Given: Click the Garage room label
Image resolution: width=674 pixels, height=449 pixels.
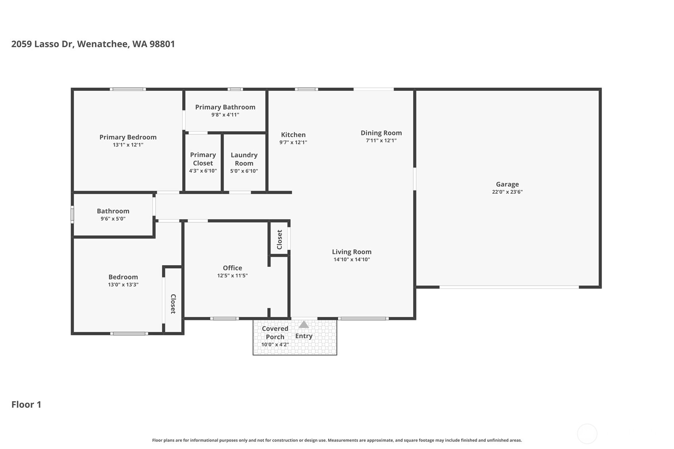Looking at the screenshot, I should tap(507, 184).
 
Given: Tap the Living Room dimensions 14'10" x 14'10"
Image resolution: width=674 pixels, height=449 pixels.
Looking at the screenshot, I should tap(351, 260).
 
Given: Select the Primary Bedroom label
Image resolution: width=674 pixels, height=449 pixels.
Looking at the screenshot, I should tap(128, 137).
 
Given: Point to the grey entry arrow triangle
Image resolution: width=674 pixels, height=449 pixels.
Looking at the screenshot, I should tap(304, 325).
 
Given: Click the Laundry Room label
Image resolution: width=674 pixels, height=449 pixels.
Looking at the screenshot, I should tap(244, 159).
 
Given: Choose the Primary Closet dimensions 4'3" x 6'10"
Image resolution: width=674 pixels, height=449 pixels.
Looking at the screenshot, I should tap(203, 171).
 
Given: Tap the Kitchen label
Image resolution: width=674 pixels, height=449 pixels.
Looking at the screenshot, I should tap(293, 135).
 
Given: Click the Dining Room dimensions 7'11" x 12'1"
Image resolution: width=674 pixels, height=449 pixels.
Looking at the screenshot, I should tap(381, 141).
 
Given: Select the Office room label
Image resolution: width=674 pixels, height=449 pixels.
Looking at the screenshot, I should tap(232, 268).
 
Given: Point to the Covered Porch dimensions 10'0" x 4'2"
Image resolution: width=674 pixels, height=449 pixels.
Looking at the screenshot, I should tap(275, 345).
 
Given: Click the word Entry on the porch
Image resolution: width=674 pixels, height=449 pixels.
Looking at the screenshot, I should tap(304, 336).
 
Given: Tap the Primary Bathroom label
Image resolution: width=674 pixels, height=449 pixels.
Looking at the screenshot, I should tap(225, 107).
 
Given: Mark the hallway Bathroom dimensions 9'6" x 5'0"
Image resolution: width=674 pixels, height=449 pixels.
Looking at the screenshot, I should tap(113, 219).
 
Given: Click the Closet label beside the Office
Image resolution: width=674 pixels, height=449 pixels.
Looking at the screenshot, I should tap(280, 239).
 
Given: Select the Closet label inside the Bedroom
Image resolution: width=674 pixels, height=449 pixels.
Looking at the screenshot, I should tap(173, 304).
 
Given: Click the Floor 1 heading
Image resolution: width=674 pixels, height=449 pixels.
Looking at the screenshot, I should tap(26, 405).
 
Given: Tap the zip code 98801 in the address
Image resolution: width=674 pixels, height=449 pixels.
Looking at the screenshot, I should tap(162, 44).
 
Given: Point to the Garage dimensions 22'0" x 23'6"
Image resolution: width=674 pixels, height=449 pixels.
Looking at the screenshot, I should tap(507, 192).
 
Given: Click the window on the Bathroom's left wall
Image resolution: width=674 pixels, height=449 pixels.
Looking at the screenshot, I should tap(72, 214).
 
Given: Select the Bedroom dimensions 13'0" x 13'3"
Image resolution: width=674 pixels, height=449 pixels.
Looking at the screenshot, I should tap(123, 285).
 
